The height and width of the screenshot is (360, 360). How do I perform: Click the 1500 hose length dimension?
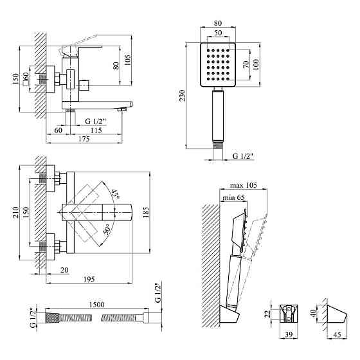(x=96, y=305)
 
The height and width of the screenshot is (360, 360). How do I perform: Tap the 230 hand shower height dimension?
(x=182, y=96)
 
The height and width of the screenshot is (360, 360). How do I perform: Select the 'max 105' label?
(x=244, y=185)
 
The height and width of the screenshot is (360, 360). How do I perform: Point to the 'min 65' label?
(x=233, y=197)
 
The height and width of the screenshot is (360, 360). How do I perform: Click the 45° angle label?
(x=115, y=194)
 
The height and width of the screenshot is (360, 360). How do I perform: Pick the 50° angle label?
(x=107, y=229)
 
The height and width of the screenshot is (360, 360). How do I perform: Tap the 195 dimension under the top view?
(x=89, y=279)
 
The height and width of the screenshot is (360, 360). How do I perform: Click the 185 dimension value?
(x=145, y=212)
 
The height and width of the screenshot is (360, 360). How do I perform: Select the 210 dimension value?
(x=15, y=212)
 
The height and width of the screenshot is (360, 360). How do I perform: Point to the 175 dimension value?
(x=84, y=139)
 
